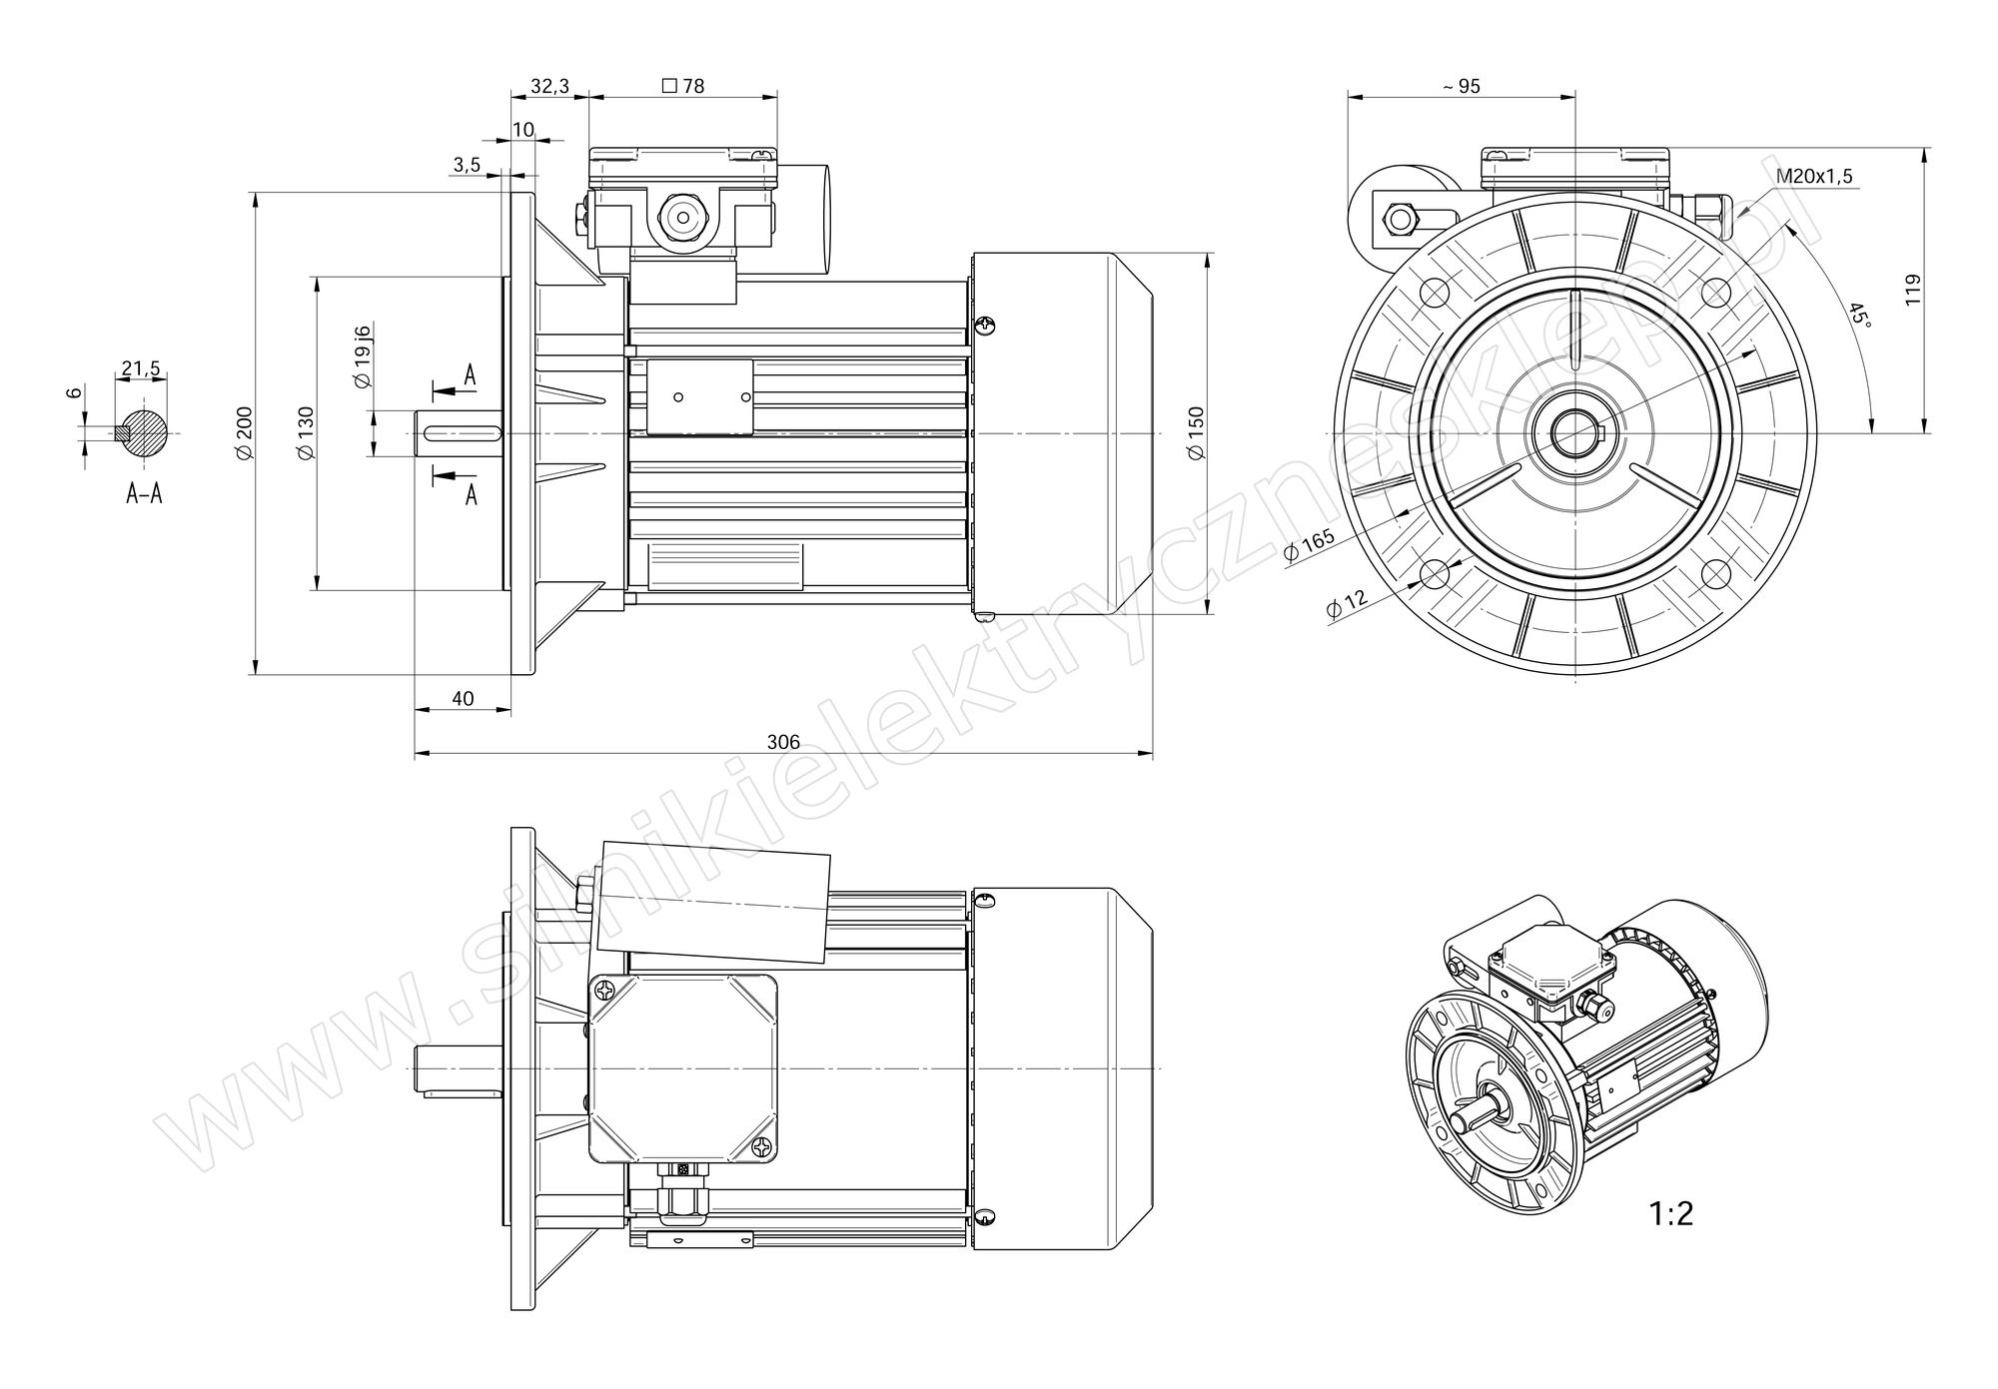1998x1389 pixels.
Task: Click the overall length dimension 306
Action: click(783, 742)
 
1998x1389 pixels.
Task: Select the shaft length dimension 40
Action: click(463, 698)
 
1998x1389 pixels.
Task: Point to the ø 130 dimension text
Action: click(306, 432)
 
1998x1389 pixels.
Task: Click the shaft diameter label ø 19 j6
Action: click(363, 356)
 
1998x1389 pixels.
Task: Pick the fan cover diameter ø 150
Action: click(1197, 432)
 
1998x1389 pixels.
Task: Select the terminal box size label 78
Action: click(683, 86)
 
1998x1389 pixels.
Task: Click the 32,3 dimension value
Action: click(549, 86)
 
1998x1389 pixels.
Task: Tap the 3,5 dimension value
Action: click(467, 165)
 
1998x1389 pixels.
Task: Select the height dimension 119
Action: click(1913, 290)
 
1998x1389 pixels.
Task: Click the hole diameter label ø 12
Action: click(1346, 604)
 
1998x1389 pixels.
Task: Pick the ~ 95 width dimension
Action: click(1462, 86)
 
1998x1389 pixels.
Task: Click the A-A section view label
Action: click(144, 492)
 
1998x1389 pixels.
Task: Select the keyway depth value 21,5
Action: click(141, 369)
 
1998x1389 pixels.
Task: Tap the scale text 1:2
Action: click(1671, 1213)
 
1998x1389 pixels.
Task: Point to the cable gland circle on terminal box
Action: click(682, 216)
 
